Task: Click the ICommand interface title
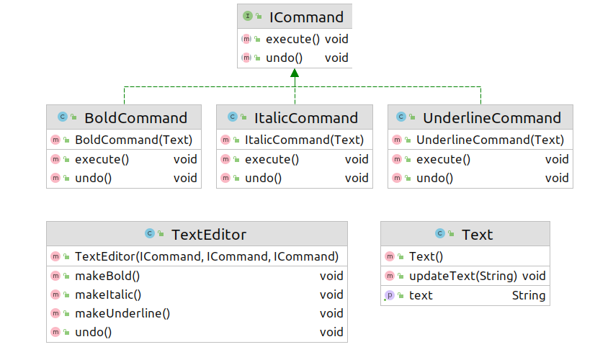306,17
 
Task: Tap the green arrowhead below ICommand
295,73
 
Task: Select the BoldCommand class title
135,118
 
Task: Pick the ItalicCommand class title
305,118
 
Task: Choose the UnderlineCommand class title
492,118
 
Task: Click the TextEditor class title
209,235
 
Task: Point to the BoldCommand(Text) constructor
134,140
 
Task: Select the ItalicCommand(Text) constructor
304,140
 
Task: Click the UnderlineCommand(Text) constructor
490,140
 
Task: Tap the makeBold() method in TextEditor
107,276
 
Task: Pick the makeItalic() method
108,294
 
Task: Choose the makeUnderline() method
122,313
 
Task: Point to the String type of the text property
529,295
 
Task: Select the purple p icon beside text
390,295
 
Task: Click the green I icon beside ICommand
248,16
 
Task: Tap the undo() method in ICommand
285,58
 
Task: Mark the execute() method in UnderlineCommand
443,159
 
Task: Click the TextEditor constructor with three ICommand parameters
207,256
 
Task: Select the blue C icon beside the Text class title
440,233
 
